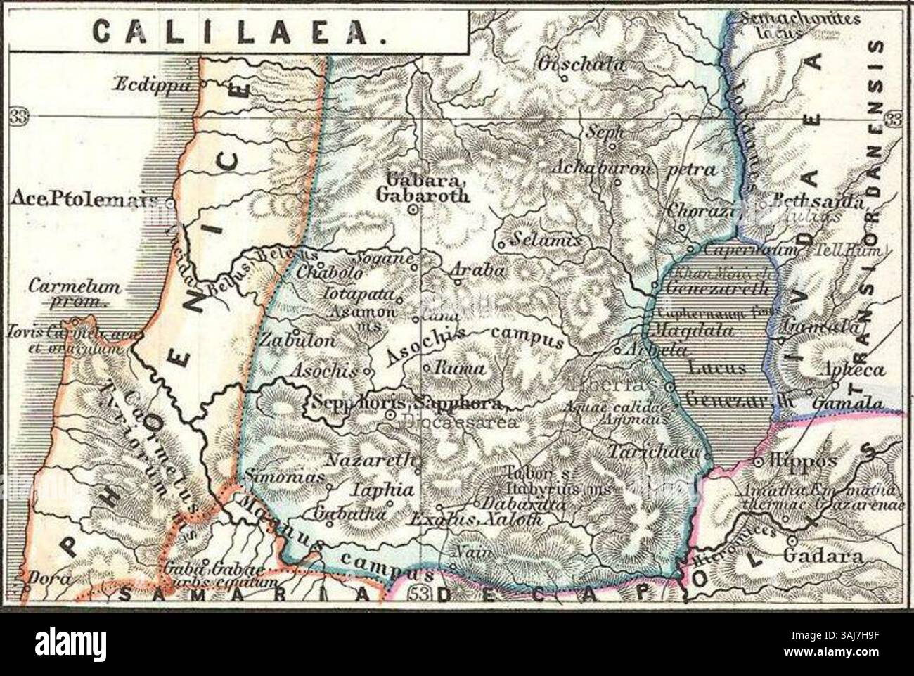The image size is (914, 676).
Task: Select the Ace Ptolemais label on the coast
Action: (x=83, y=200)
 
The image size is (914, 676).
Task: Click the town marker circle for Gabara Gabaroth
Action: (x=414, y=209)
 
